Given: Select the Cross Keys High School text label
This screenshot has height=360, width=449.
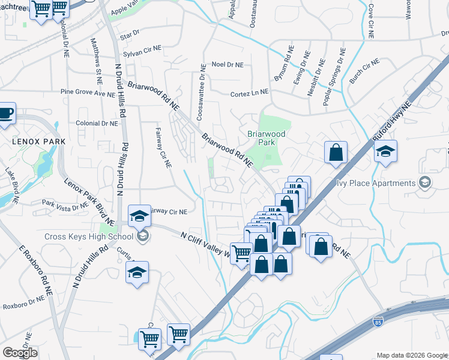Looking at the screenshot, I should click(88, 236).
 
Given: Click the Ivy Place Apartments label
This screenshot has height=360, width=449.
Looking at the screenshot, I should click(376, 183).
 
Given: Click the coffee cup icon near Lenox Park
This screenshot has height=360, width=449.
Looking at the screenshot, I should click(5, 113).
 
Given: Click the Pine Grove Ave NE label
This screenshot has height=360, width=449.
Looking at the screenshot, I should click(88, 94).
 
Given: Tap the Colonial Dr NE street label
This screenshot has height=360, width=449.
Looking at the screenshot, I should click(97, 123).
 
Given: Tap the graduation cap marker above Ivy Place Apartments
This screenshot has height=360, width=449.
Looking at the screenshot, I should click(386, 152).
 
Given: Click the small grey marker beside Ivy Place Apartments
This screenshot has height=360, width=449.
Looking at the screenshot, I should click(426, 182).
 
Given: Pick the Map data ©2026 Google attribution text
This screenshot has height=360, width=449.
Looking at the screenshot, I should click(411, 355).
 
